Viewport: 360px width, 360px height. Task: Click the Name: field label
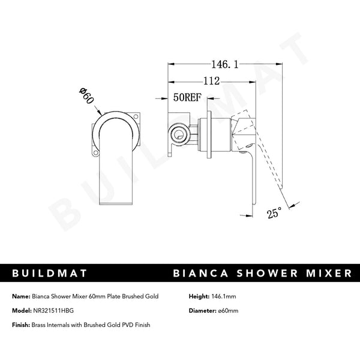click(20, 297)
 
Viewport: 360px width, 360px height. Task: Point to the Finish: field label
click(21, 325)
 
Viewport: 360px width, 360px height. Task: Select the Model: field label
click(21, 311)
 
